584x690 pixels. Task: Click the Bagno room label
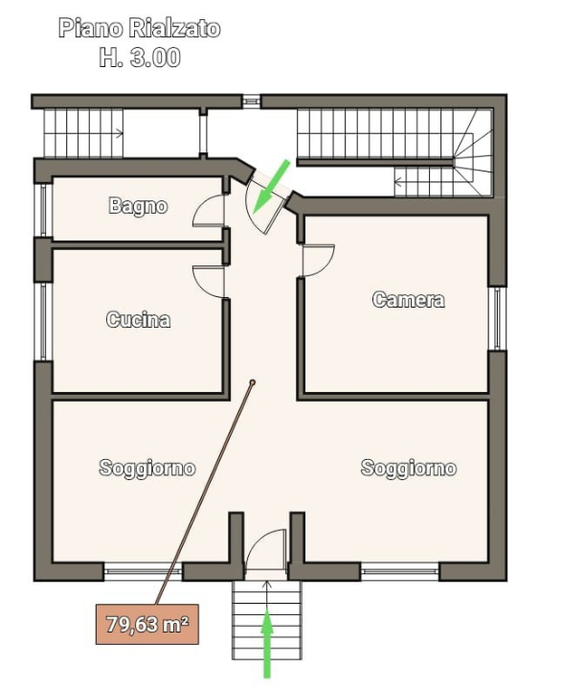tap(138, 205)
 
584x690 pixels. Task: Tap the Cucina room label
tap(138, 320)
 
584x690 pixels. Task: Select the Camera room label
tap(408, 299)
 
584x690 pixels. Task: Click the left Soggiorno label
tap(147, 468)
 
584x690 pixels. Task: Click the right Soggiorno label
tap(408, 468)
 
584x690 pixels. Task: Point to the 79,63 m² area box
tap(146, 626)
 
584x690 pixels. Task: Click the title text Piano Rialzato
tap(140, 28)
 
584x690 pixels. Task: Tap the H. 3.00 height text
tap(140, 57)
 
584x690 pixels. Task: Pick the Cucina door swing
tap(210, 280)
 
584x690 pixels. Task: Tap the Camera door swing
tap(318, 260)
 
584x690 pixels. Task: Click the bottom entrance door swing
tap(266, 551)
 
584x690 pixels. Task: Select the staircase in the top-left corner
tap(84, 133)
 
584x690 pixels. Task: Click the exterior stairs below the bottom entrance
tap(267, 618)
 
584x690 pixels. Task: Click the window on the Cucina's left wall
tap(43, 320)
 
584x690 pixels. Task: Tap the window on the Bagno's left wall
tap(43, 210)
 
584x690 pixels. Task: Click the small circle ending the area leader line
tap(253, 382)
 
